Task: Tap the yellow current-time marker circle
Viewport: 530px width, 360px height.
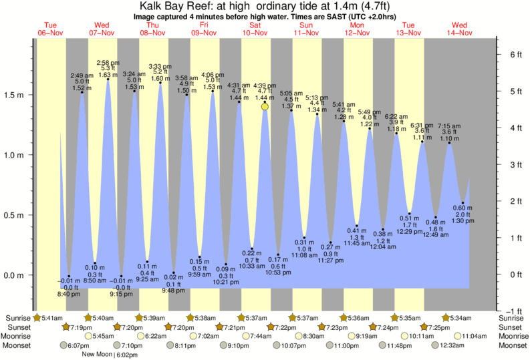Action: point(265,106)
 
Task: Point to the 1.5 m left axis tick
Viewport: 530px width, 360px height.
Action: point(16,95)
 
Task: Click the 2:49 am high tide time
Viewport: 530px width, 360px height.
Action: point(82,75)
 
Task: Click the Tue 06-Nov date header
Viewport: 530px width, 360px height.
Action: point(51,29)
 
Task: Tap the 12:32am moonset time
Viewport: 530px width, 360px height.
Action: point(448,345)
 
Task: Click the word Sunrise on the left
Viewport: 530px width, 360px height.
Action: point(16,317)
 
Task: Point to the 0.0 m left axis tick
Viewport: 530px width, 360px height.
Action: point(16,275)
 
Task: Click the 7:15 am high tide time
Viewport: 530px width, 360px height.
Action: point(449,126)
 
